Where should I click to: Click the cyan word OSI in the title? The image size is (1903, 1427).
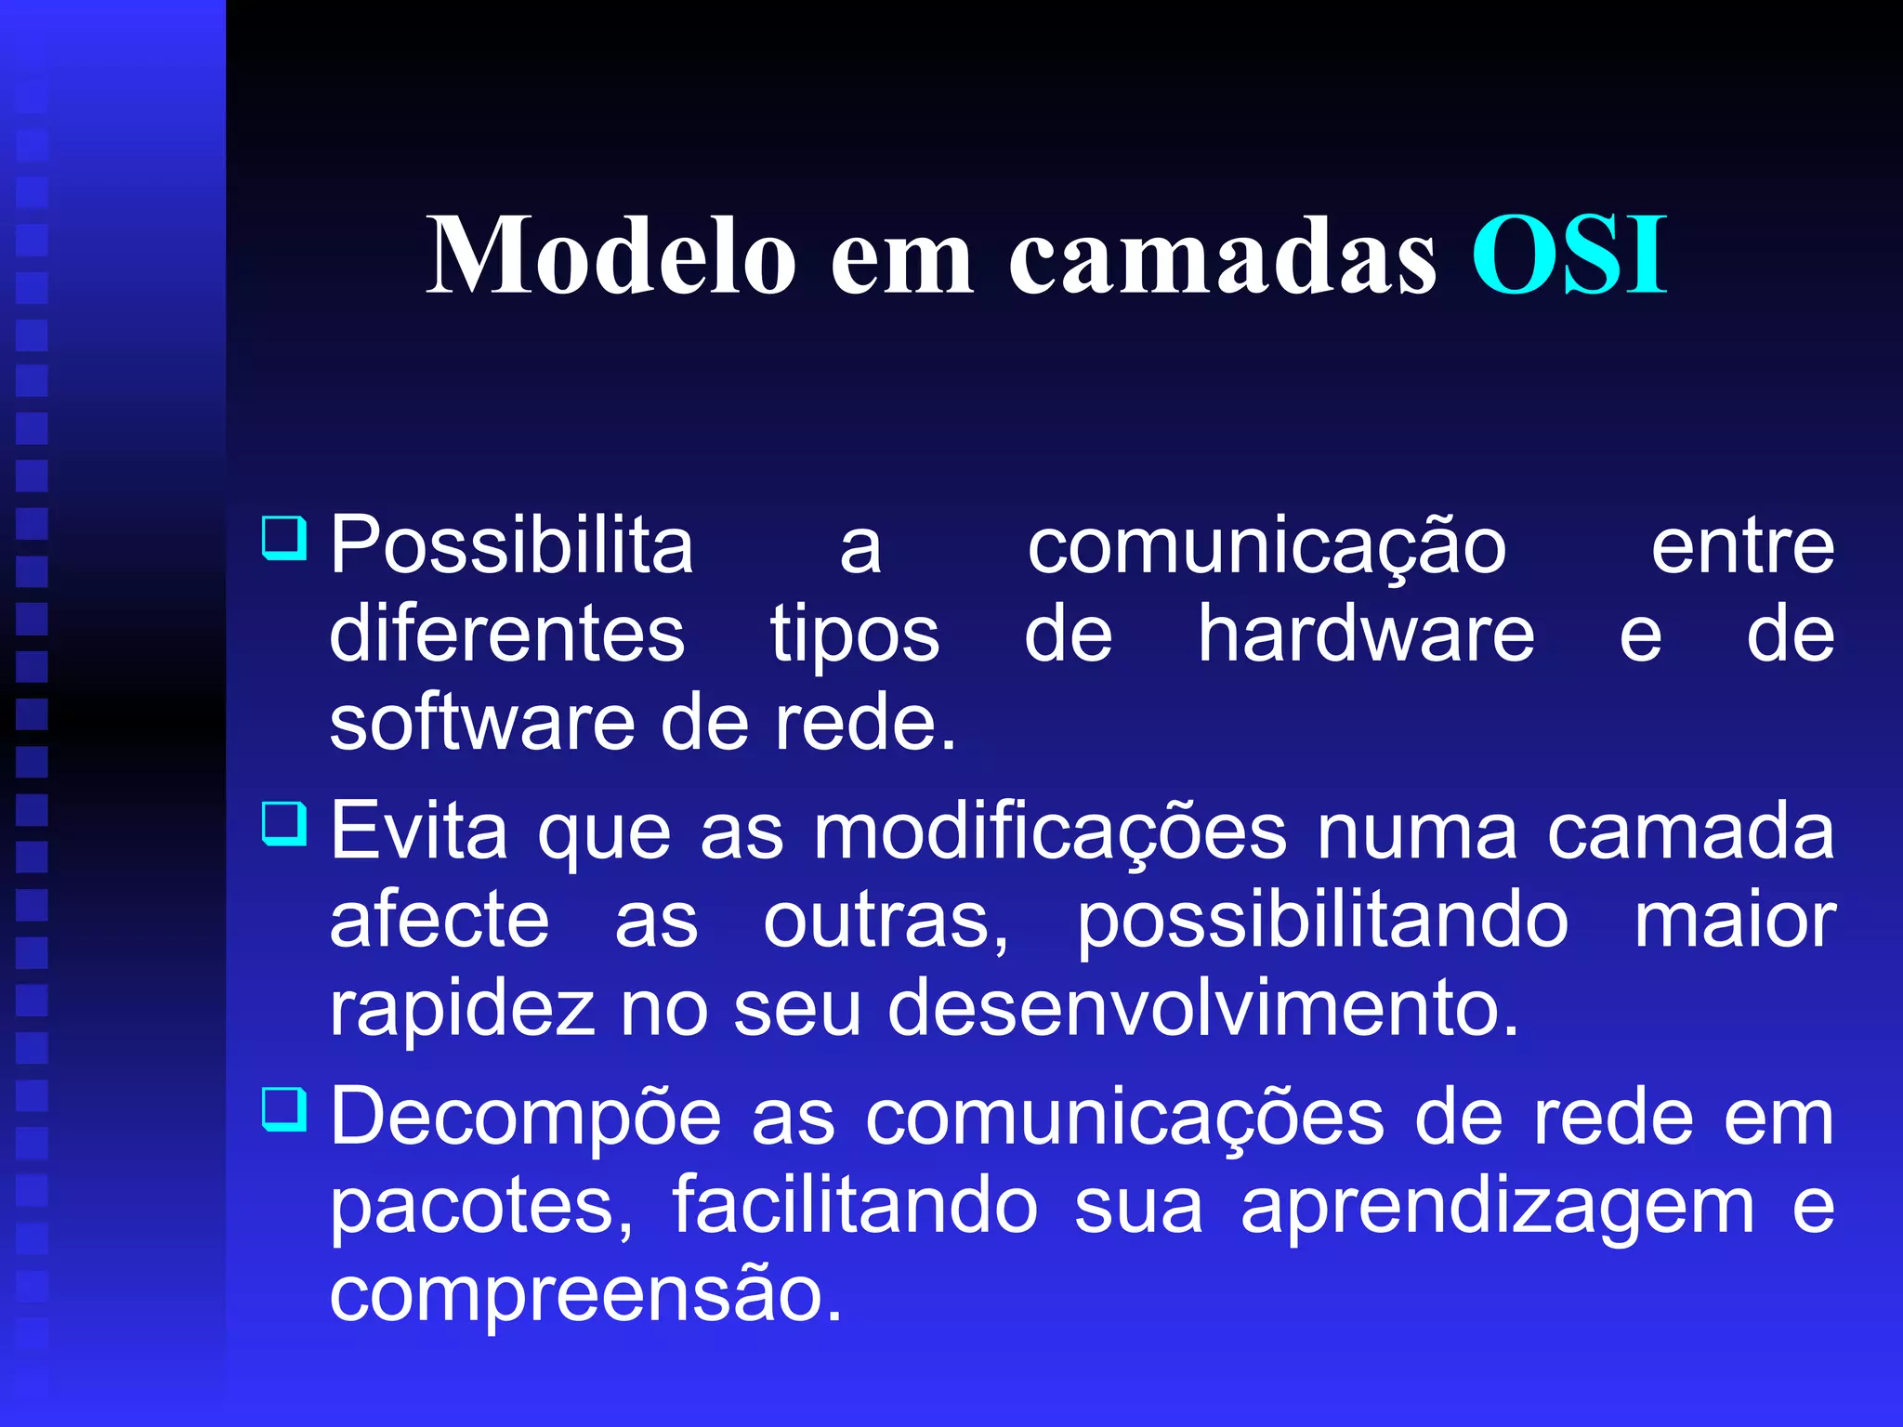(1569, 255)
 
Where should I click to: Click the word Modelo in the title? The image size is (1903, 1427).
(611, 255)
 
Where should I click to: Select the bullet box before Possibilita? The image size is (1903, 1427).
(283, 538)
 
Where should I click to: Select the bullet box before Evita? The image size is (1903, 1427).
(283, 823)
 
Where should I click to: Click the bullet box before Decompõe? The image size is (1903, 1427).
(283, 1108)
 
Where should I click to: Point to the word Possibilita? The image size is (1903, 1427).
(512, 546)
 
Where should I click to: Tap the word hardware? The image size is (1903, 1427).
(1365, 635)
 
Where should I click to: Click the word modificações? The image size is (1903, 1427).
(1050, 832)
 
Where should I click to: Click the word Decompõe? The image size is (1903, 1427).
(526, 1118)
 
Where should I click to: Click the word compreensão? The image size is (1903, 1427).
(586, 1295)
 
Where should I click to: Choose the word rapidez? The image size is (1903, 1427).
(462, 1011)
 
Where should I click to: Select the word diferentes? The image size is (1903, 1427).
(507, 635)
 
